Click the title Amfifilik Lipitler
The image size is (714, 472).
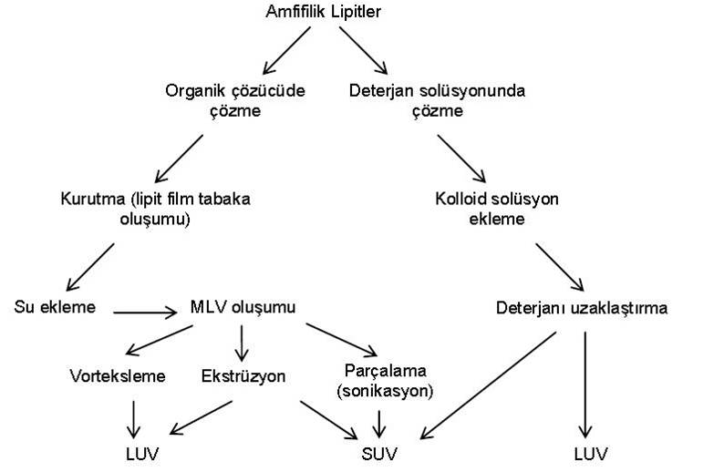point(324,13)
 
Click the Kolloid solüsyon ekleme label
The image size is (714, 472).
point(508,207)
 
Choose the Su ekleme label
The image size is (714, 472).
point(56,306)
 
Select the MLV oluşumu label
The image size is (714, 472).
point(243,306)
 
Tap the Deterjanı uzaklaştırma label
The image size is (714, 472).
point(583,308)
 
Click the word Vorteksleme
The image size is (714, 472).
point(118,375)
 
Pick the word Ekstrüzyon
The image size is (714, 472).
point(245,375)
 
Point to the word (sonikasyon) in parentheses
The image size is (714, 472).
point(383,391)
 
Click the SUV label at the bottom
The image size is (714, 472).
point(378,452)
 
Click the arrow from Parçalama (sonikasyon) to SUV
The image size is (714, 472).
point(379,420)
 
